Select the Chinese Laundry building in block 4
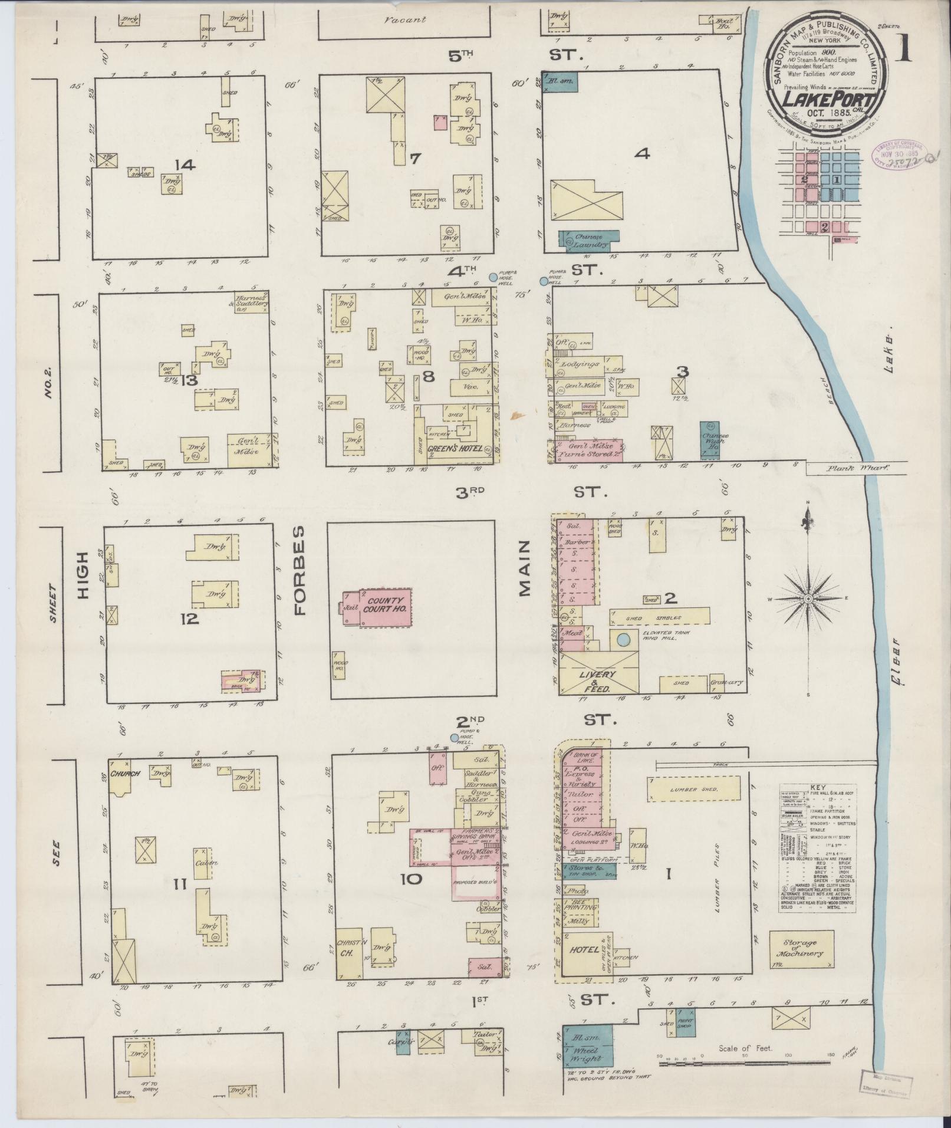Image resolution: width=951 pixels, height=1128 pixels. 588,240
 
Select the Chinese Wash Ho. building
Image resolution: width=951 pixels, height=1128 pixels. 715,440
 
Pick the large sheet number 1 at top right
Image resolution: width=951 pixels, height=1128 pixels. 904,50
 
